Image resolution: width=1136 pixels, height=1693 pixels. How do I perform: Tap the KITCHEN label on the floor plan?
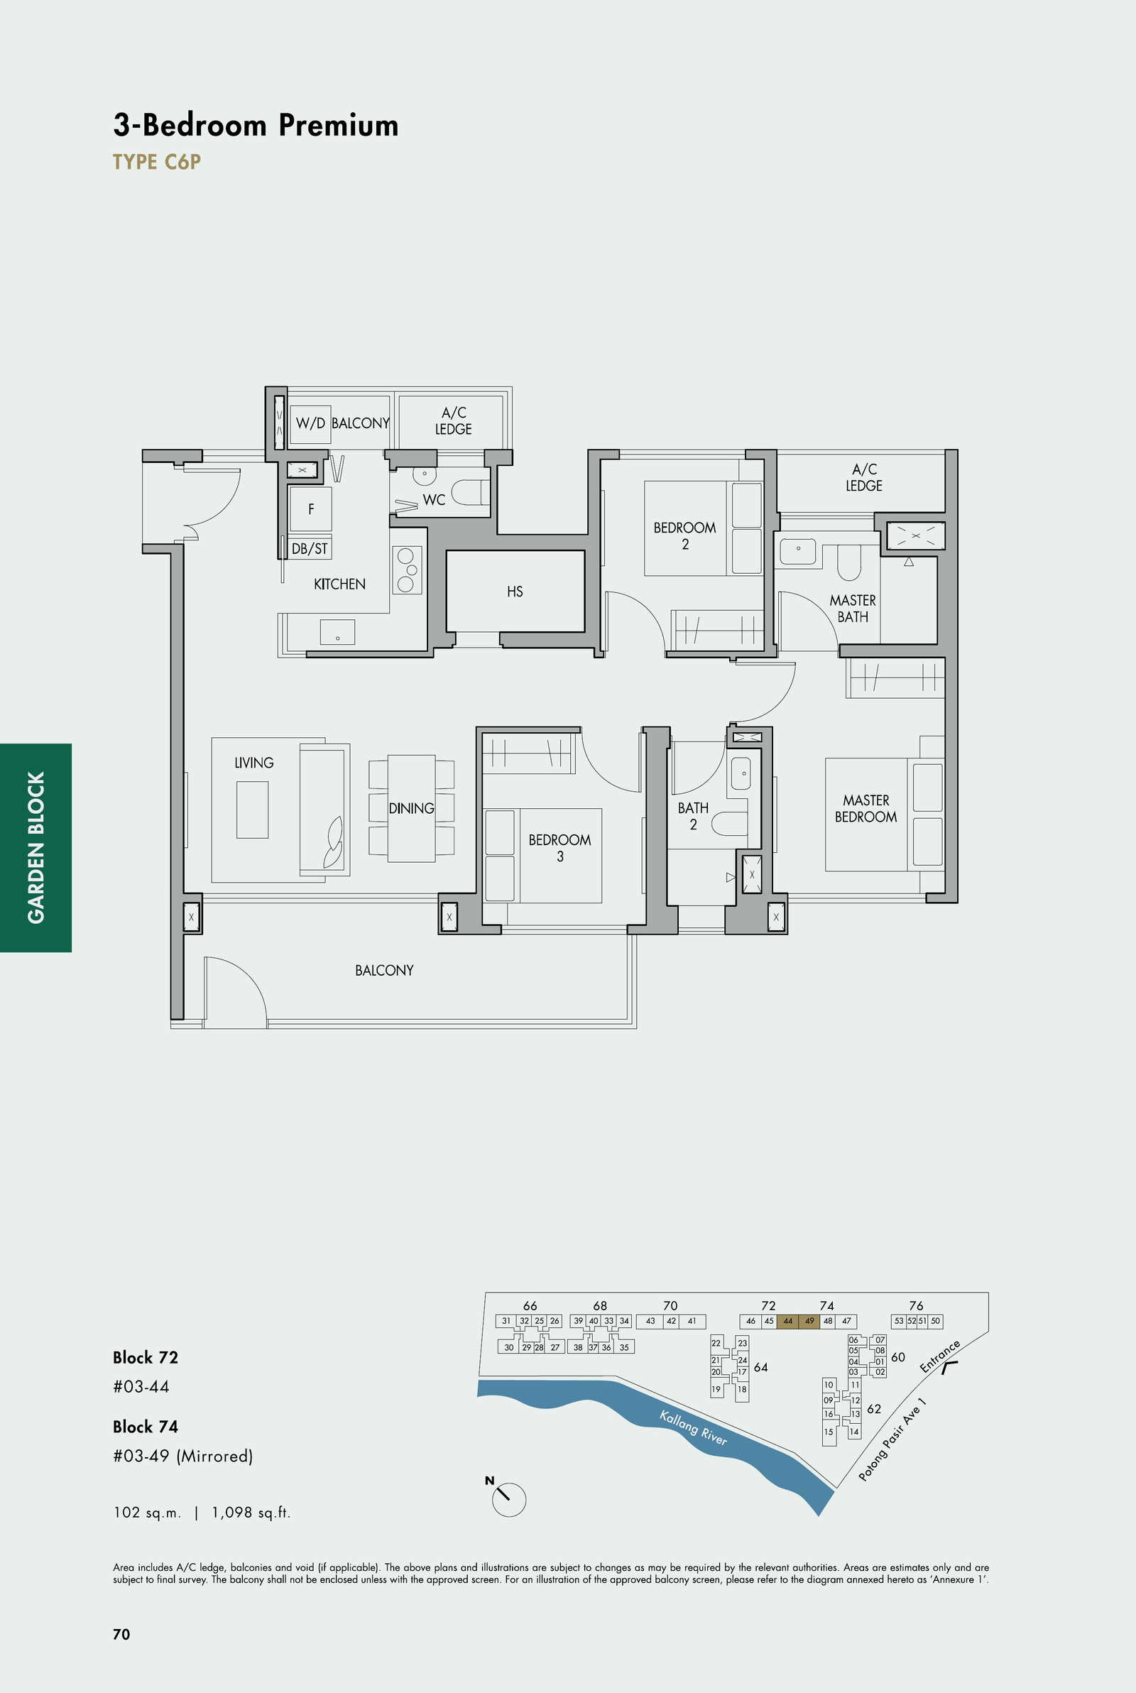click(x=339, y=584)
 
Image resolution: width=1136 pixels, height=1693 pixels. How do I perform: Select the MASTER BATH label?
click(x=853, y=609)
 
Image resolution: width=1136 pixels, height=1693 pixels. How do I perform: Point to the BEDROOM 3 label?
click(x=559, y=848)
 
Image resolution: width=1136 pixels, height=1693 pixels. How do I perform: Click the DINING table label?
click(x=411, y=807)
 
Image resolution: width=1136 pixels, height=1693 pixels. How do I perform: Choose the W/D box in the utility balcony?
click(x=311, y=424)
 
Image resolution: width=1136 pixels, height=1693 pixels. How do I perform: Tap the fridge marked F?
click(x=311, y=509)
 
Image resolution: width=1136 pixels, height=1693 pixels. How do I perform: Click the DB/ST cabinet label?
click(x=310, y=548)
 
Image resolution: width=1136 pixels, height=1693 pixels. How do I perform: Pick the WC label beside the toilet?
click(x=433, y=500)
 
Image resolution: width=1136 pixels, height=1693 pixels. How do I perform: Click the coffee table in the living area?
click(x=252, y=809)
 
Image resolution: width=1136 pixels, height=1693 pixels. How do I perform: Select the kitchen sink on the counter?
click(x=338, y=632)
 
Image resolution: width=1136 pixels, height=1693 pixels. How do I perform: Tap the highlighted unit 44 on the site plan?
click(x=787, y=1321)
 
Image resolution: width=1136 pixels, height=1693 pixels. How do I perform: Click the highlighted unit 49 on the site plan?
click(x=809, y=1321)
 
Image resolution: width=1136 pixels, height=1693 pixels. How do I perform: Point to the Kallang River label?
click(x=694, y=1427)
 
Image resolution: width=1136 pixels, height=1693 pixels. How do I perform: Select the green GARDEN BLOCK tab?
click(x=35, y=848)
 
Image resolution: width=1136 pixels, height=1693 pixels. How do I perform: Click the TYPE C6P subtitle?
click(x=156, y=161)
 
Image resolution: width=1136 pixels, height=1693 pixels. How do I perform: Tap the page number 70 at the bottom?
click(x=121, y=1633)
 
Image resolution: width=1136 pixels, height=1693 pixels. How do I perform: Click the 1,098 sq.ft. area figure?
click(x=251, y=1512)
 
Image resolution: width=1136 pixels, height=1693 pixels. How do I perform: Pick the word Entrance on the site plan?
click(x=939, y=1356)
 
